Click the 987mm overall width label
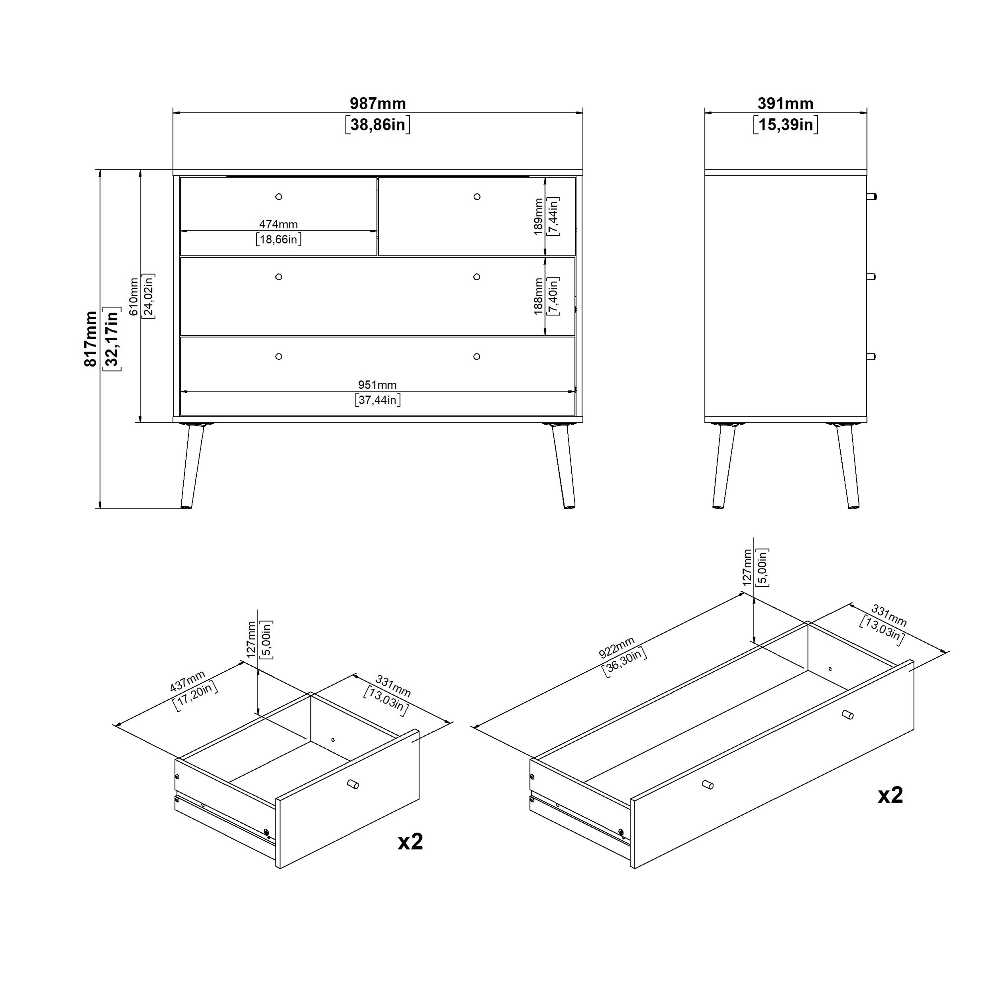click(377, 104)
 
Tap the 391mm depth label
click(785, 104)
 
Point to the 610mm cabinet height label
click(133, 297)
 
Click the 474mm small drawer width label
click(279, 224)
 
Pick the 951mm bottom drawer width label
click(377, 384)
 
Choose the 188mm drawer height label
click(538, 296)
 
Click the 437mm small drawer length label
click(188, 681)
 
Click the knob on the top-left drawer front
click(279, 197)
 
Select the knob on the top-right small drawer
click(477, 197)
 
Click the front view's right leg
click(563, 465)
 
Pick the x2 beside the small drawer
click(410, 842)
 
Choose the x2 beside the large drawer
click(890, 795)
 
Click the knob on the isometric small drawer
click(353, 784)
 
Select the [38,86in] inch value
click(377, 125)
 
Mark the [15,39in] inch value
click(785, 125)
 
